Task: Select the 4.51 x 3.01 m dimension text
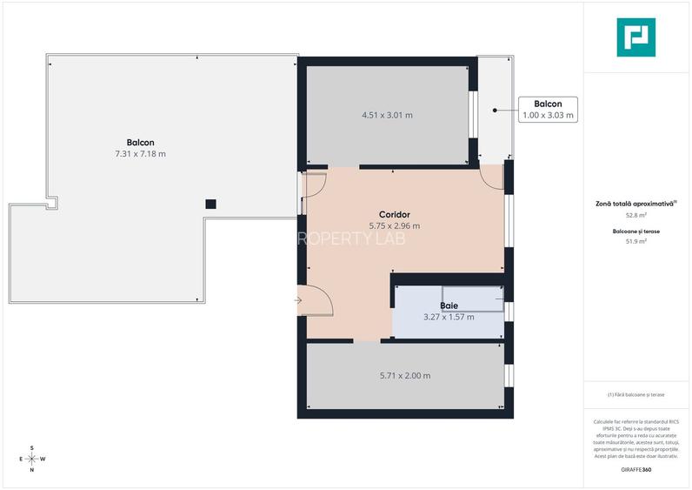[x=387, y=115]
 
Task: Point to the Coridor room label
[x=394, y=214]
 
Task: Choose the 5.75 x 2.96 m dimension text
[x=394, y=226]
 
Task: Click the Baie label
[x=449, y=305]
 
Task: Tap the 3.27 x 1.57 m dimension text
[x=449, y=317]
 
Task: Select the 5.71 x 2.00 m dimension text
[x=405, y=376]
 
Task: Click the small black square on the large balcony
[x=210, y=204]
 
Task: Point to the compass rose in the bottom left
[x=32, y=459]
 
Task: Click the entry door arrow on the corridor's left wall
[x=298, y=300]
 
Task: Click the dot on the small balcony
[x=494, y=111]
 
